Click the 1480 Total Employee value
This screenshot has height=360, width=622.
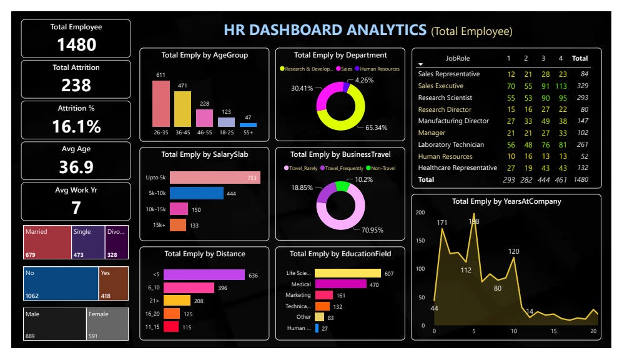76,44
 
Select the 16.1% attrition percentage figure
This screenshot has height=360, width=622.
76,126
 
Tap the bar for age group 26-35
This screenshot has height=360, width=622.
160,104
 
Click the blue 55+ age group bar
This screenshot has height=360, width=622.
248,125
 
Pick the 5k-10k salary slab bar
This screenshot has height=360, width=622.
196,193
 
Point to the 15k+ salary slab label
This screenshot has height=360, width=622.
160,225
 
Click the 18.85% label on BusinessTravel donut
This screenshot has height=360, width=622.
302,187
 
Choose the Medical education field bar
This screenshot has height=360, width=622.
340,284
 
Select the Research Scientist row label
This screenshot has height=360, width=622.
445,97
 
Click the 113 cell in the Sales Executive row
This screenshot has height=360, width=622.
560,86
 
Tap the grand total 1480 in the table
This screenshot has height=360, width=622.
580,179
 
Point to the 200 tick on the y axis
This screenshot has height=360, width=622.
420,212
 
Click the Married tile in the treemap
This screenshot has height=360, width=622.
47,242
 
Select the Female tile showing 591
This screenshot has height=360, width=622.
107,324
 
